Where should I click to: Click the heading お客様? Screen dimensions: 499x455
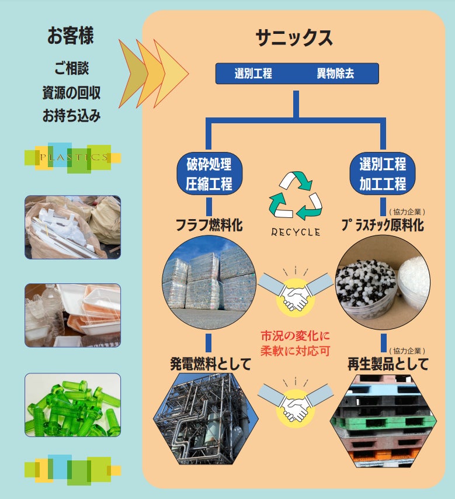(x=70, y=36)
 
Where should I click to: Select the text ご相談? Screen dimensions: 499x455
(x=71, y=68)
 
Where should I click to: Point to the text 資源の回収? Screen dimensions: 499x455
(x=71, y=92)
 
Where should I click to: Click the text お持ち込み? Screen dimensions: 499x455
(x=71, y=116)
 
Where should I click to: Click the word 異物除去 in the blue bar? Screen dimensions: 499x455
(x=335, y=74)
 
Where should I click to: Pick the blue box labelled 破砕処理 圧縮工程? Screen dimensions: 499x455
(x=209, y=174)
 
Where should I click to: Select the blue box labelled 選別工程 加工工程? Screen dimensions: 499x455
(x=383, y=174)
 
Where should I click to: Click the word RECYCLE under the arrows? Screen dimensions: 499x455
(x=296, y=231)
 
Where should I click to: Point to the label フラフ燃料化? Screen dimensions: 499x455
(x=209, y=225)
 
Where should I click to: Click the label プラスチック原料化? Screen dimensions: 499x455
(x=383, y=225)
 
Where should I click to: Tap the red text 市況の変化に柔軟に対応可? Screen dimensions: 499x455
(x=295, y=344)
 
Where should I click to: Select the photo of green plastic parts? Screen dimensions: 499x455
(x=72, y=404)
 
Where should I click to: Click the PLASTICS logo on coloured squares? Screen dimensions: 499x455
(x=73, y=157)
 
